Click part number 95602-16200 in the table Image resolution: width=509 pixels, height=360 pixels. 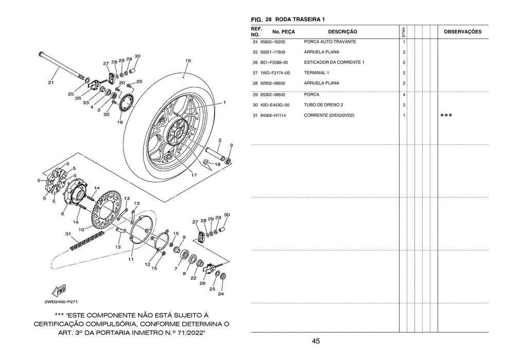click(x=272, y=42)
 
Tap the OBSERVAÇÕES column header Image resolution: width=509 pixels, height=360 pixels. click(x=463, y=32)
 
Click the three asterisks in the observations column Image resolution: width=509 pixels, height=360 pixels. click(x=446, y=116)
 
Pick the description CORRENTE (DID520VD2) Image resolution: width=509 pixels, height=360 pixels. click(x=329, y=116)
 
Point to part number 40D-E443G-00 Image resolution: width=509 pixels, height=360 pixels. click(x=275, y=105)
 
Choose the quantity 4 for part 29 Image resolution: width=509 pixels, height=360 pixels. click(x=404, y=95)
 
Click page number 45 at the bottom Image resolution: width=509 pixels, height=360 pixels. click(x=316, y=341)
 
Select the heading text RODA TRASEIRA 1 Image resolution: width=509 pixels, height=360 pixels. click(x=300, y=20)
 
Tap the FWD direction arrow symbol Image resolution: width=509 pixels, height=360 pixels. click(x=59, y=291)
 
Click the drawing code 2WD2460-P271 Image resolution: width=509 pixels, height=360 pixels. click(x=61, y=302)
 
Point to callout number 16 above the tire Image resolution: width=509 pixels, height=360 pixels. click(x=188, y=61)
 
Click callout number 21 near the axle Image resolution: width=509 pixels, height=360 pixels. click(x=51, y=83)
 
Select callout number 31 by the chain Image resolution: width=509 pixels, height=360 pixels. click(x=68, y=233)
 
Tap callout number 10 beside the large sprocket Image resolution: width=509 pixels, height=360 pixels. click(x=81, y=230)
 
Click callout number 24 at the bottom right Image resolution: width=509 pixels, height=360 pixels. click(x=221, y=294)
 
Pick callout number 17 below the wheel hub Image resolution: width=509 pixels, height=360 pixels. click(x=194, y=175)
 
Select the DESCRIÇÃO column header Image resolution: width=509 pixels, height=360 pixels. click(x=342, y=32)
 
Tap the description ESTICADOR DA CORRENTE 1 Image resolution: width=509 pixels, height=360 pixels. click(x=334, y=62)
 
